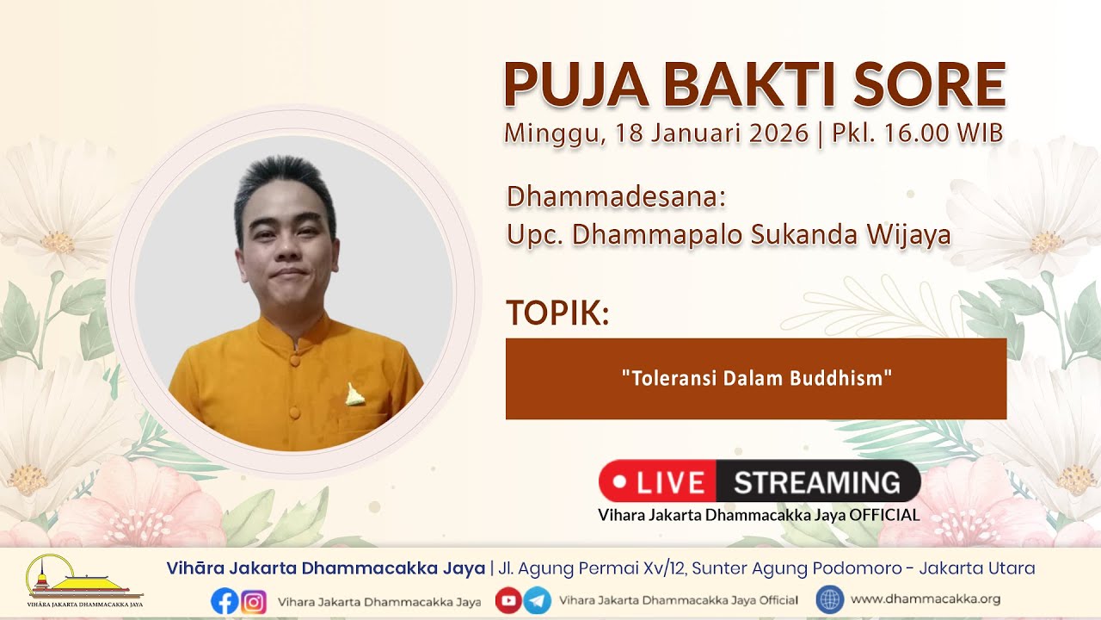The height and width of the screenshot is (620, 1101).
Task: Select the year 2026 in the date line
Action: click(778, 133)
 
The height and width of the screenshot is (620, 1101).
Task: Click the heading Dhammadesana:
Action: click(617, 196)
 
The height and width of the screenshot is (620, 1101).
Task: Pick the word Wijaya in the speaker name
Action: click(908, 235)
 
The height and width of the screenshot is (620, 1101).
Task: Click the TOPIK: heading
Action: click(558, 313)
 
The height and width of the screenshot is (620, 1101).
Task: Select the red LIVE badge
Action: click(658, 481)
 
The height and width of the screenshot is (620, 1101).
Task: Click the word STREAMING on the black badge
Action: click(817, 482)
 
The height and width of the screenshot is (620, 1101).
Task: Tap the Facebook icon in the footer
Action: click(225, 601)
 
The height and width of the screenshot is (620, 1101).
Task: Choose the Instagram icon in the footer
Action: click(254, 601)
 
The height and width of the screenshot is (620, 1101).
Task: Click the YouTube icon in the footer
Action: click(508, 600)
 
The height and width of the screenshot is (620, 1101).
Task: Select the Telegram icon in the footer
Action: click(537, 600)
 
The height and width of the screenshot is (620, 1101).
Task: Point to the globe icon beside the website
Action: click(830, 600)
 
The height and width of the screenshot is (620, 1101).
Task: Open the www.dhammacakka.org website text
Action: click(926, 598)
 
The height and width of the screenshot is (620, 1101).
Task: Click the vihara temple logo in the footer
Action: click(84, 580)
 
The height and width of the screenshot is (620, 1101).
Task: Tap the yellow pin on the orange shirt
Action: click(354, 395)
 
